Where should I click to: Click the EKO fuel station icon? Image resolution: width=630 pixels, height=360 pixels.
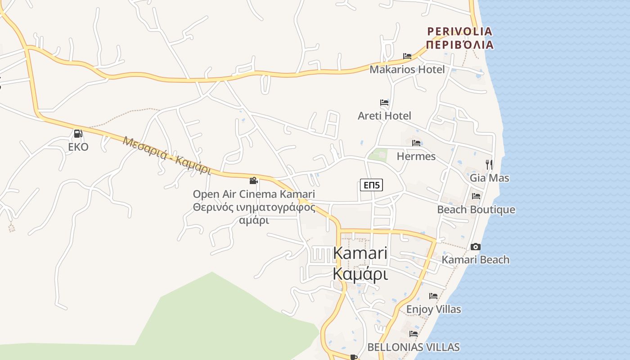[x=78, y=134]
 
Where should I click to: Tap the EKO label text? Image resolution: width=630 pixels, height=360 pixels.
[x=78, y=147]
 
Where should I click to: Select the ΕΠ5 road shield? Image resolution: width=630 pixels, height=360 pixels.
[x=371, y=185]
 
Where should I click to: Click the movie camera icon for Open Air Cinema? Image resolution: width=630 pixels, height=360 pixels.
[x=254, y=180]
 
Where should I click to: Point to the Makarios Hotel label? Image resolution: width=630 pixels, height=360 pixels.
[x=407, y=69]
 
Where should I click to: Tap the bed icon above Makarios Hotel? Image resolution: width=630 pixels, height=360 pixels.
[x=407, y=56]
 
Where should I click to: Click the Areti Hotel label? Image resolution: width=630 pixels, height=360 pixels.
[x=384, y=116]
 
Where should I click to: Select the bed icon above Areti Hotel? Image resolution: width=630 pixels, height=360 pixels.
[x=384, y=103]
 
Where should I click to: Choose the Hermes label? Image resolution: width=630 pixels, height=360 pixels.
[x=416, y=156]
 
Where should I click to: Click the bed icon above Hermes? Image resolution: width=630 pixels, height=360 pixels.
[x=416, y=143]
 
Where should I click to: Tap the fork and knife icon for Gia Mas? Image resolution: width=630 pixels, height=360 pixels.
[x=489, y=164]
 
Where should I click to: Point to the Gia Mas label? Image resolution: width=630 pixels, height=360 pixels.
[x=490, y=178]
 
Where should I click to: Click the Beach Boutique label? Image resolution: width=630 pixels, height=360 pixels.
[x=476, y=210]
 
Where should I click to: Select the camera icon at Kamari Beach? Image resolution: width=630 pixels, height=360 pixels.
[x=476, y=247]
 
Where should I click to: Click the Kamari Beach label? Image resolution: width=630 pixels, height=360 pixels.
[x=476, y=260]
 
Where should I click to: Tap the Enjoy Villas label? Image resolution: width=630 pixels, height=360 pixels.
[x=434, y=309]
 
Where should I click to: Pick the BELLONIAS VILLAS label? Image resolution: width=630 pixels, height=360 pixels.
[x=414, y=347]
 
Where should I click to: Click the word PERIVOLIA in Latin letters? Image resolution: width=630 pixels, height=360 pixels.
[x=459, y=31]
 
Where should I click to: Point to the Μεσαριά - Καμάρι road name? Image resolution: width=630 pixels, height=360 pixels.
[x=167, y=155]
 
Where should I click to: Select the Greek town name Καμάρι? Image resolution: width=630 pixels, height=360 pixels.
[x=360, y=273]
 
